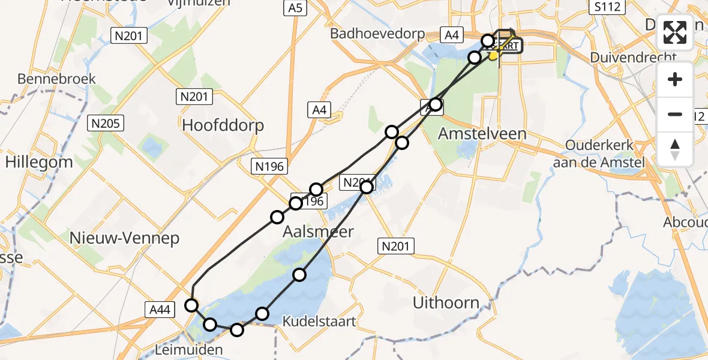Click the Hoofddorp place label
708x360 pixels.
click(x=223, y=125)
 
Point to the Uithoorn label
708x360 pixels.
click(x=446, y=303)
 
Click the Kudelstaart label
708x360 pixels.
click(x=319, y=322)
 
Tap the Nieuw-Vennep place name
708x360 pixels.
click(x=124, y=238)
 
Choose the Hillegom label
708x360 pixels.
click(x=39, y=161)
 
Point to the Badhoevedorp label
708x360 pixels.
click(x=377, y=34)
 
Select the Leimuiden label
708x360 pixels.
click(x=189, y=349)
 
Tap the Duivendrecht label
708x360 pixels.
click(x=633, y=58)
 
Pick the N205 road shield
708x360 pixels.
click(x=105, y=124)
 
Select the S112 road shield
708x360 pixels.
click(x=607, y=7)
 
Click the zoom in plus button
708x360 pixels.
click(x=675, y=79)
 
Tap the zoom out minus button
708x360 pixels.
click(x=675, y=114)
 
